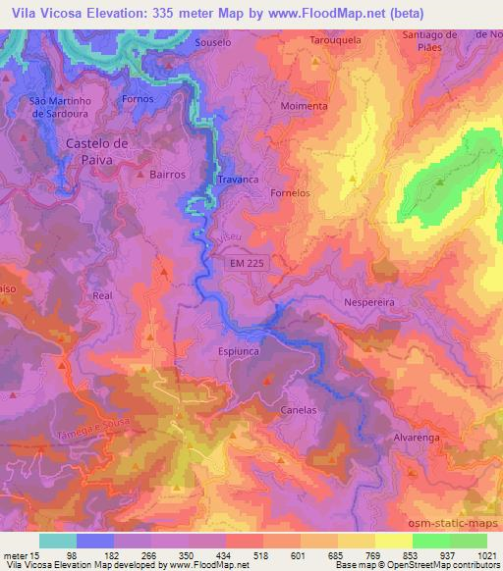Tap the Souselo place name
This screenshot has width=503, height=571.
point(212,43)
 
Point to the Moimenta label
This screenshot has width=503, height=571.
point(305,105)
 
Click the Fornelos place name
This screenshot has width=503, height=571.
point(290,193)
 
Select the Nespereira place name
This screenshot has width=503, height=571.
point(369,304)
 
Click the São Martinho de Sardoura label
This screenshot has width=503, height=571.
point(60,106)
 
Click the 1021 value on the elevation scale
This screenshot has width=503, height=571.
point(486,555)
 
